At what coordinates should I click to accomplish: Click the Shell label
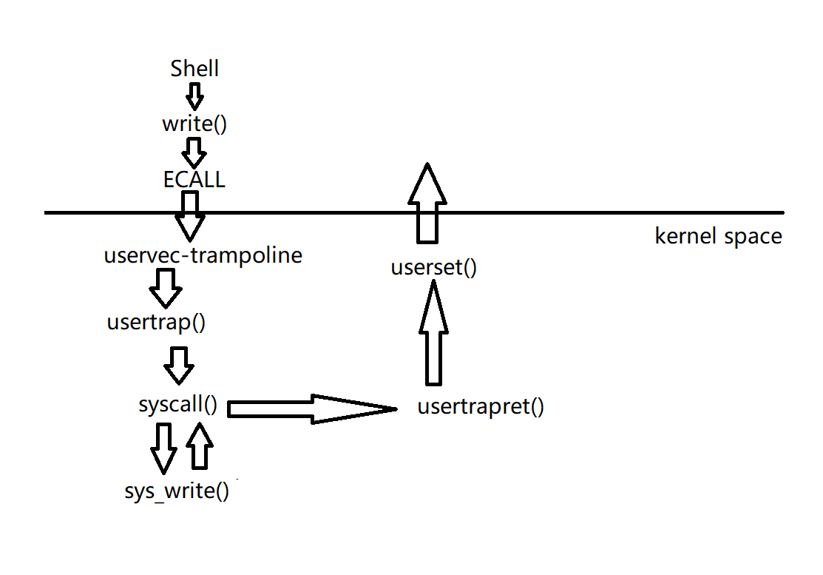(194, 69)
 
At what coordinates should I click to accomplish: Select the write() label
(194, 124)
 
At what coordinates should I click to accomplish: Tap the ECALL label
(194, 179)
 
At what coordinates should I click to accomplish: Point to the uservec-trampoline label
(203, 256)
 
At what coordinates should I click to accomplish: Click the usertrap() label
(155, 323)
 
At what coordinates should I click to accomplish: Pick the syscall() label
(178, 405)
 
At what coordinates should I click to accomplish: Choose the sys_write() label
(177, 491)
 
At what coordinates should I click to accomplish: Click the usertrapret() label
(481, 406)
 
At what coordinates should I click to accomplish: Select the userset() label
(434, 267)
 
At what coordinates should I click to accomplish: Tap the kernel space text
(718, 237)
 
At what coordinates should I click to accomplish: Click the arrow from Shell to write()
(194, 95)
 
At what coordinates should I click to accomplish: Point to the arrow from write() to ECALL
(194, 152)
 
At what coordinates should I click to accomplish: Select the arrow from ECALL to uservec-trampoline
(189, 215)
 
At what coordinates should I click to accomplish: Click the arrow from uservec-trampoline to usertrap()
(166, 288)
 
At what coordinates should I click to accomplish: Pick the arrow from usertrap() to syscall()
(178, 364)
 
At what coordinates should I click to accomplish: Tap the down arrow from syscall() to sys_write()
(163, 448)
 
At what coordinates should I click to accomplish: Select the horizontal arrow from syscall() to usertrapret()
(311, 408)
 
